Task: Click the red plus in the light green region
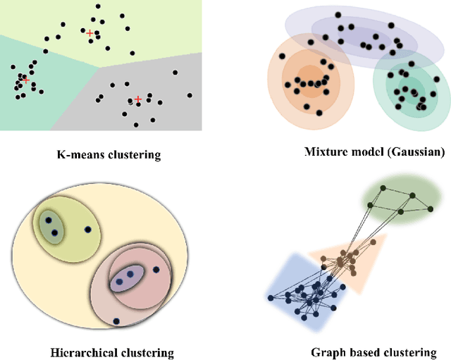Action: [89, 32]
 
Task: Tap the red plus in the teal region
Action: [26, 80]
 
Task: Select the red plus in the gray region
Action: [138, 99]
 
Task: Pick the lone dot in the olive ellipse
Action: [87, 230]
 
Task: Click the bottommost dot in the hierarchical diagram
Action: [116, 321]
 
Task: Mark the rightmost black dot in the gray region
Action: [190, 95]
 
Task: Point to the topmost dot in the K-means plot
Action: [97, 6]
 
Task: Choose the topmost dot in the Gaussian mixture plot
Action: [338, 14]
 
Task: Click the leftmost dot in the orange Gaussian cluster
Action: [283, 56]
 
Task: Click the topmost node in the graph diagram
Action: [383, 188]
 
